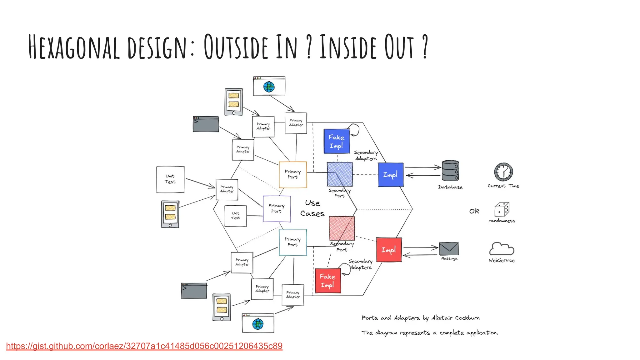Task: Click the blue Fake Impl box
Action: click(337, 141)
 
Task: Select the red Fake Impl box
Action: click(328, 281)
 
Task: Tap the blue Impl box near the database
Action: click(390, 175)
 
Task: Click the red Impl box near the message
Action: click(389, 250)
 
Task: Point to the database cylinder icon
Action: click(450, 171)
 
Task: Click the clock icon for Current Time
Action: click(503, 172)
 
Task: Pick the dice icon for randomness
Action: click(502, 209)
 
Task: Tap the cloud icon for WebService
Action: click(502, 249)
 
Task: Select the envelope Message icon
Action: click(449, 249)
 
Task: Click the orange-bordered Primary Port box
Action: click(293, 174)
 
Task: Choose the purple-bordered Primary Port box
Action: click(277, 208)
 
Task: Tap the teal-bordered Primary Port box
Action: click(293, 242)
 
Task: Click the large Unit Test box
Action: click(170, 179)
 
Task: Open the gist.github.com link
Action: click(144, 346)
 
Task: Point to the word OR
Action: click(474, 211)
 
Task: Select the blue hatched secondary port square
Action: click(340, 174)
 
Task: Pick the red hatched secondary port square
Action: click(342, 228)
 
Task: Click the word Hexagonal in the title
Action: click(74, 47)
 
